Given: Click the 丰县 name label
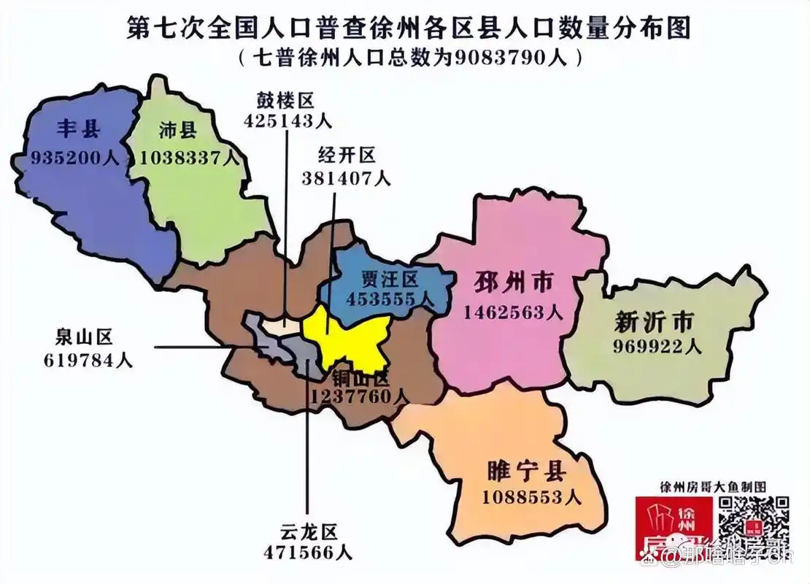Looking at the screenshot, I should pyautogui.click(x=78, y=130).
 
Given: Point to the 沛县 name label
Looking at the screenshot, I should pyautogui.click(x=178, y=131).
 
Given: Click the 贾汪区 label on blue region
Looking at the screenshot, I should pyautogui.click(x=390, y=280).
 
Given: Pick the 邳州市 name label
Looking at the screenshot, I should pyautogui.click(x=514, y=284).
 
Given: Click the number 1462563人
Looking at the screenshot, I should pyautogui.click(x=514, y=312).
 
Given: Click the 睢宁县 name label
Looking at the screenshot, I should pyautogui.click(x=527, y=471).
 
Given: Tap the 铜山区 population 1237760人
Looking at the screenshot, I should pyautogui.click(x=359, y=396).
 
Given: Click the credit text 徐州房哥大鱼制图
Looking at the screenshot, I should pyautogui.click(x=712, y=486).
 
